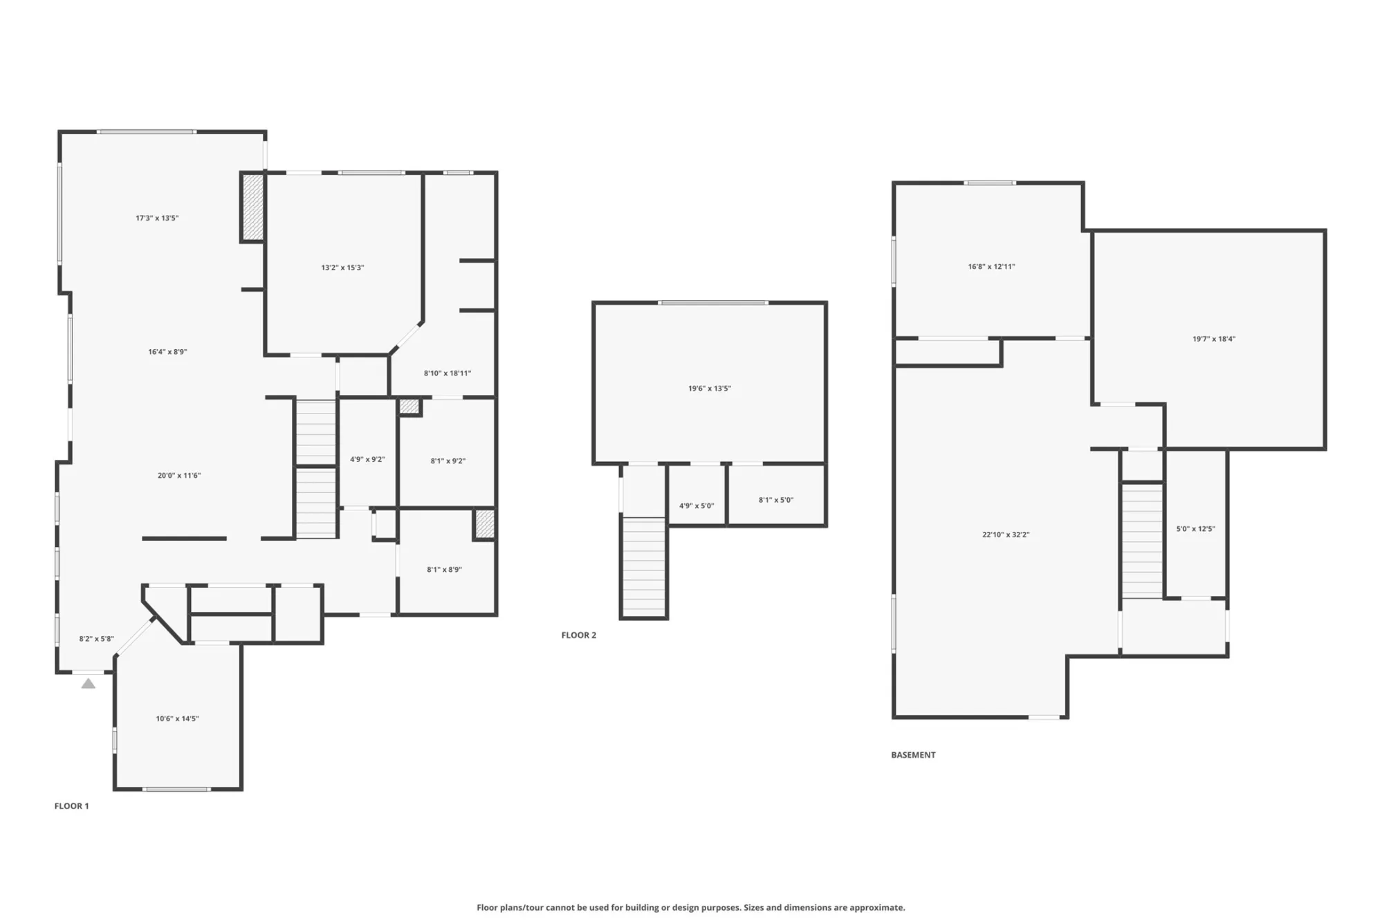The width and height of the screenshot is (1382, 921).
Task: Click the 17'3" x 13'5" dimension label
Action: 157,218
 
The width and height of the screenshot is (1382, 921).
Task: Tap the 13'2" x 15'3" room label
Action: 342,268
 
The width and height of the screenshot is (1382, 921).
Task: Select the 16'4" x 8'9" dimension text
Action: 167,352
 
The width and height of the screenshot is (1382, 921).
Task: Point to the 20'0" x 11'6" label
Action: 179,476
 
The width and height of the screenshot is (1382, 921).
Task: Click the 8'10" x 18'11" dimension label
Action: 448,373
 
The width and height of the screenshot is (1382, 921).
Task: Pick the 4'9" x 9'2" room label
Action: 367,460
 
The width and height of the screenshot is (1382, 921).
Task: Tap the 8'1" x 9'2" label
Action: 448,461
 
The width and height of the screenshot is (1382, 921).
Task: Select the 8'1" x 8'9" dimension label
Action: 444,570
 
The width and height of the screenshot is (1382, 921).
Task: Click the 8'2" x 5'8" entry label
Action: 96,639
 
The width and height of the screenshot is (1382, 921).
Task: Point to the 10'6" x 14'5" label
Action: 177,719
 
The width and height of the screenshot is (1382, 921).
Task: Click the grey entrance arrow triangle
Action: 88,684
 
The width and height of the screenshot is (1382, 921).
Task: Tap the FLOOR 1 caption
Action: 72,806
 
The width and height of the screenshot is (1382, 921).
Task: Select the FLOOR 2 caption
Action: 579,635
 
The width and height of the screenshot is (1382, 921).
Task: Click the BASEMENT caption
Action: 913,755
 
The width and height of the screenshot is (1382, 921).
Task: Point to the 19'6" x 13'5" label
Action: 709,389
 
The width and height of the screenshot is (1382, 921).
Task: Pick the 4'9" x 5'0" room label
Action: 697,506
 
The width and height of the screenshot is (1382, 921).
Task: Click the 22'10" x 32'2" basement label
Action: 1006,535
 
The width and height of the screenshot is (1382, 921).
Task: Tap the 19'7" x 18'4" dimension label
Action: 1214,339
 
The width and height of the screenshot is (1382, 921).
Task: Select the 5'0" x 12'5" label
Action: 1195,530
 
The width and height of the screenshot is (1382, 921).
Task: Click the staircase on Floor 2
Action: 644,566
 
